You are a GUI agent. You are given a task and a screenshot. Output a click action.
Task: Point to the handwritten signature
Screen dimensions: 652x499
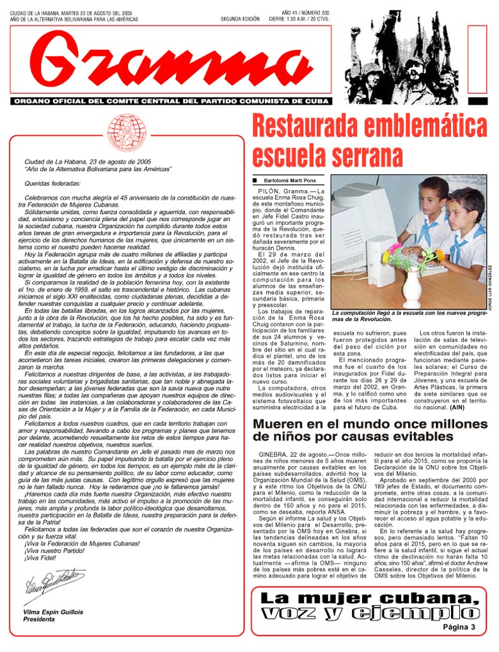54,582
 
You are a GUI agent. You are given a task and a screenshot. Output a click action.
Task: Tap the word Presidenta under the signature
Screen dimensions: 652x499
39,620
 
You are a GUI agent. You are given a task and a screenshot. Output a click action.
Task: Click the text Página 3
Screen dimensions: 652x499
459,627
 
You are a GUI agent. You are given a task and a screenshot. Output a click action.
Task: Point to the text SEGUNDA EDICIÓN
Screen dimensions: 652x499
240,19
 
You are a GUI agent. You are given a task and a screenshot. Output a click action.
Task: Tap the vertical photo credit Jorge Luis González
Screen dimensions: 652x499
491,288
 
